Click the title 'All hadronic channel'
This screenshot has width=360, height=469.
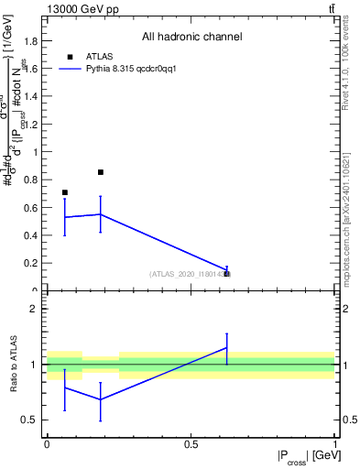[191, 38]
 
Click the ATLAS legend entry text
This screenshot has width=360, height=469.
[100, 56]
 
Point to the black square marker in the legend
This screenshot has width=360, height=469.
[71, 57]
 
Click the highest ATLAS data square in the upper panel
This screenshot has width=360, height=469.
[101, 172]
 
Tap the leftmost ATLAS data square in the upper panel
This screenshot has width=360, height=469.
[64, 192]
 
